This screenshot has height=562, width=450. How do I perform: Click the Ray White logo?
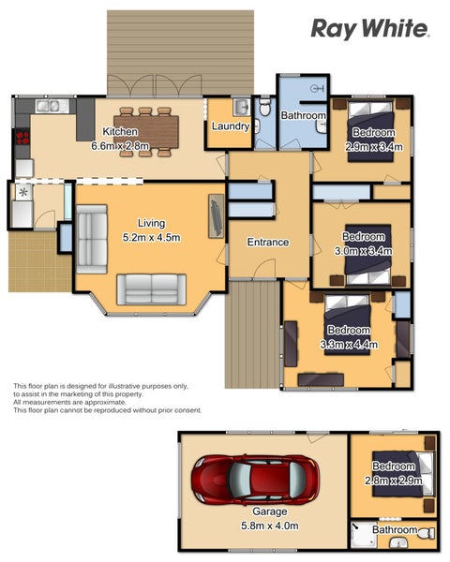click(x=370, y=29)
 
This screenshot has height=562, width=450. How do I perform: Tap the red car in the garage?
click(x=255, y=480)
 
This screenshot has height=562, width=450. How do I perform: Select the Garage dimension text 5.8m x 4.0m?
click(x=269, y=525)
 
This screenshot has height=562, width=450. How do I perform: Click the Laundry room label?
click(x=231, y=126)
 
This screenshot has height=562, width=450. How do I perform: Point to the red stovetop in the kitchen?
click(x=22, y=138)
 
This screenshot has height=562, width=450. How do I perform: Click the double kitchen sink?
click(x=48, y=106)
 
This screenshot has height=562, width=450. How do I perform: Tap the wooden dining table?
click(x=146, y=131)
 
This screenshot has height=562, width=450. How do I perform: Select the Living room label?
click(x=152, y=223)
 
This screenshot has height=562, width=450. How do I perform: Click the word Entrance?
click(x=268, y=243)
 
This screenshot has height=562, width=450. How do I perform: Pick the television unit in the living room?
click(x=217, y=216)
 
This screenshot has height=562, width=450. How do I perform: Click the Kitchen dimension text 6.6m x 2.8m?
click(x=120, y=146)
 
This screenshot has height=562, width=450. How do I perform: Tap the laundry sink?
click(x=242, y=107)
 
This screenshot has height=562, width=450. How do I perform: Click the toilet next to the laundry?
click(x=264, y=107)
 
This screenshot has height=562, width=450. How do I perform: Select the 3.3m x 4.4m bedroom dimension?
click(x=349, y=345)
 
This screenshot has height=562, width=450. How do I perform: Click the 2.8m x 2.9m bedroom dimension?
click(x=394, y=481)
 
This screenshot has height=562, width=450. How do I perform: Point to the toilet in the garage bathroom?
click(x=427, y=533)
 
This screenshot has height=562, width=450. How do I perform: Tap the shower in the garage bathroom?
click(x=364, y=535)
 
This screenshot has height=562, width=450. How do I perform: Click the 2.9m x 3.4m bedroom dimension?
click(x=373, y=147)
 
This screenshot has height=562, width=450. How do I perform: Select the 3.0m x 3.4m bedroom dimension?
click(x=364, y=251)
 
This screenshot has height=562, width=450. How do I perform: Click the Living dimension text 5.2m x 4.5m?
click(x=152, y=237)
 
